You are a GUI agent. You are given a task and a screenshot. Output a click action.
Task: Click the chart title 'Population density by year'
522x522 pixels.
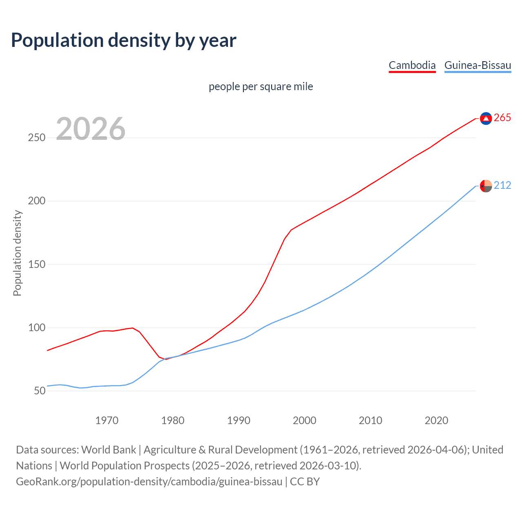124,40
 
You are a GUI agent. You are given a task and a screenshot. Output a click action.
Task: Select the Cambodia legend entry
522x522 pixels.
412,65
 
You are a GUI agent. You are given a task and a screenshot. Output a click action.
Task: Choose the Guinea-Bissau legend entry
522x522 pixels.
478,65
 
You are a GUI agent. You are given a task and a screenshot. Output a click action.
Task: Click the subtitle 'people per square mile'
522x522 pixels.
261,86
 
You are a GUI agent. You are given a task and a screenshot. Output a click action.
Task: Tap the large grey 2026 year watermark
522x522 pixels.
91,128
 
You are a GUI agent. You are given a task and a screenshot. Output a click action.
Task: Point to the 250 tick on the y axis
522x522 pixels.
37,138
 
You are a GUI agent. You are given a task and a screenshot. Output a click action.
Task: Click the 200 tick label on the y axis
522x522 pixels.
37,201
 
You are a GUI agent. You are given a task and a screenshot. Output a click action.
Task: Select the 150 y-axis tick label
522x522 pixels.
37,264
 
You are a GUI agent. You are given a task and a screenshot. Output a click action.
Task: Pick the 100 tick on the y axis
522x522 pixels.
37,328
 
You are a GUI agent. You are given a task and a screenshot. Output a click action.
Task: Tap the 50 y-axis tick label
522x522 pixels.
39,391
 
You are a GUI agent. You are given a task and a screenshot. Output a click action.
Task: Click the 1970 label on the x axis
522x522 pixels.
107,420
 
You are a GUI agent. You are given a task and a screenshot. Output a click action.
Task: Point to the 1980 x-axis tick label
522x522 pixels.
173,420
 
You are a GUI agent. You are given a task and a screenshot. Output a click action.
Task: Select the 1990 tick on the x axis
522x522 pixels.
239,420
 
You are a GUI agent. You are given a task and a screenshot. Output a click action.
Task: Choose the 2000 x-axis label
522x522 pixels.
305,420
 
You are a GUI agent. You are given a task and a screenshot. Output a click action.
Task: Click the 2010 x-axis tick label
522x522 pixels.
370,420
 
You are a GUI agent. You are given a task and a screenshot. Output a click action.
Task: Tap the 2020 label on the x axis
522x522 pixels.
436,420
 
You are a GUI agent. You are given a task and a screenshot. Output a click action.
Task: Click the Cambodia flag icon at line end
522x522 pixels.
486,118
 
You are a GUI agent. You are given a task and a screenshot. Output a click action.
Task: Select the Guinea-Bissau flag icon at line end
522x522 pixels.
486,186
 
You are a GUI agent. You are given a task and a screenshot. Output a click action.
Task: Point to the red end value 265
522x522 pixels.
502,118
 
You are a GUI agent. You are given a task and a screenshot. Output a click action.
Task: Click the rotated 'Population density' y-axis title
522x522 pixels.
17,253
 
